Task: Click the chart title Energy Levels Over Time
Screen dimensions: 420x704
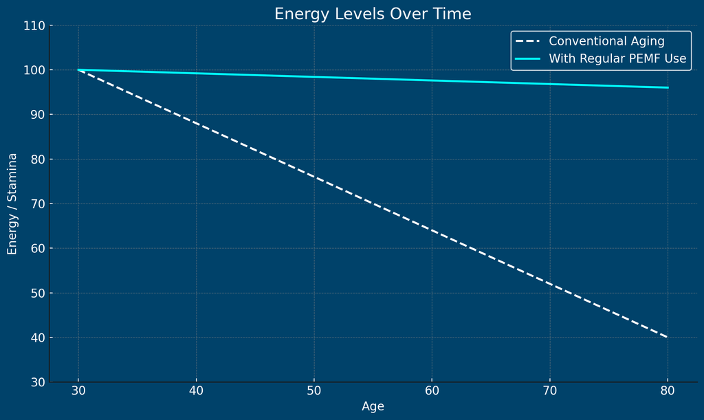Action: point(373,14)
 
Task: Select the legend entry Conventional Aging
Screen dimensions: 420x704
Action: point(606,41)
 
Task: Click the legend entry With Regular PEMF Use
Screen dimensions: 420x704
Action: point(617,59)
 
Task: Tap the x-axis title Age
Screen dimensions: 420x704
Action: point(373,406)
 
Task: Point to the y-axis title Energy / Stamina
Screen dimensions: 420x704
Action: point(12,203)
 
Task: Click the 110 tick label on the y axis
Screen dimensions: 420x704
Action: point(34,25)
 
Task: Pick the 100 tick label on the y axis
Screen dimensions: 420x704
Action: point(34,70)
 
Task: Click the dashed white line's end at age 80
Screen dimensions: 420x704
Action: point(667,337)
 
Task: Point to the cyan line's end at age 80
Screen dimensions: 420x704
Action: point(667,87)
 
